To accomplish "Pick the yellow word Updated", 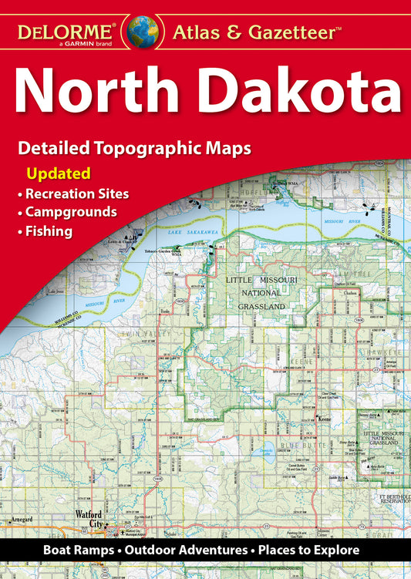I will [59, 173].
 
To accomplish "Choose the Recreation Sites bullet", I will [76, 192].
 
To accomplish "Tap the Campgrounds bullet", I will [70, 210].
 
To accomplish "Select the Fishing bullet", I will [49, 230].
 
